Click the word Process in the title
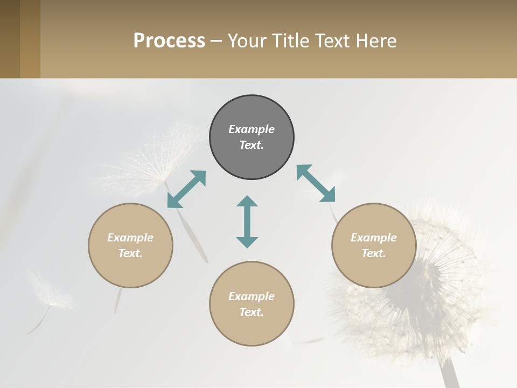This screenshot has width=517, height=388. pos(169,41)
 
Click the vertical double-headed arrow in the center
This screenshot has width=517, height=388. pos(247,221)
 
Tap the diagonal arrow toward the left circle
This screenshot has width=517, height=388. pos(186,189)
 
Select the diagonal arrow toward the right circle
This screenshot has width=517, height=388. pos(316,183)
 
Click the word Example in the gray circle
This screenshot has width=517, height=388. pos(251,129)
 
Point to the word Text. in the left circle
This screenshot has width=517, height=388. pos(130,253)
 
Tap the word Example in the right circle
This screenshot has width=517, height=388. pos(374,238)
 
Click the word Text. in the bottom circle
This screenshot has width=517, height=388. pos(251,312)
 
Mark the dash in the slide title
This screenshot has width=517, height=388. pos(216,41)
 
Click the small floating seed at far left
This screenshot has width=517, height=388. pos(48,294)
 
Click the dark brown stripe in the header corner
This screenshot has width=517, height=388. pos(10,39)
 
